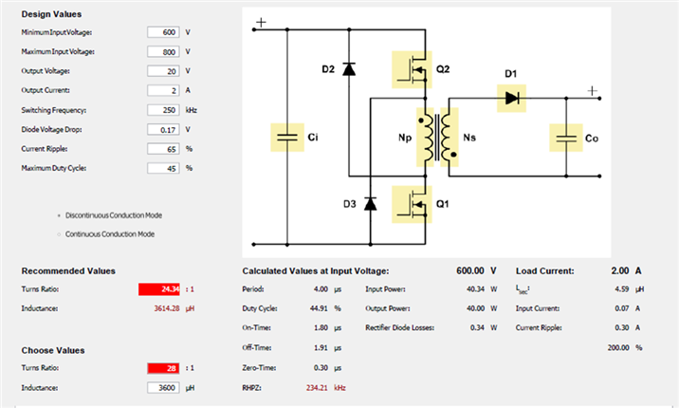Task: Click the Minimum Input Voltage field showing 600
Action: (163, 32)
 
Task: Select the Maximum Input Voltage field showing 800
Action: (163, 51)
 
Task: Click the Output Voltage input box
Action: (163, 71)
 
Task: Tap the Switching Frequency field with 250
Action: (163, 110)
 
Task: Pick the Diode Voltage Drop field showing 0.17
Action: (163, 129)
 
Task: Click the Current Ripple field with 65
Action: (163, 149)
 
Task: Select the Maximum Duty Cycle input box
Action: (163, 168)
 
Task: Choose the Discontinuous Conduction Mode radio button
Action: (59, 215)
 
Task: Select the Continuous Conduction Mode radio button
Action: (59, 234)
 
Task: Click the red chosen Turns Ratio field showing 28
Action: (163, 368)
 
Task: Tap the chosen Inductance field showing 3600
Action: (163, 388)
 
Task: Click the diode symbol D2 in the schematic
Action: (349, 69)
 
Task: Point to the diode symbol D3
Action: (370, 204)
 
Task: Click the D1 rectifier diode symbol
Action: (511, 99)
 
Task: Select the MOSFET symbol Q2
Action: (412, 69)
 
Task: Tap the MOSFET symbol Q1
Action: (412, 204)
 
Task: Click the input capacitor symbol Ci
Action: (287, 138)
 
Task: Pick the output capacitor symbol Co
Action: (566, 138)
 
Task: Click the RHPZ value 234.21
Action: (317, 388)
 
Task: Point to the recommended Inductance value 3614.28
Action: (167, 308)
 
